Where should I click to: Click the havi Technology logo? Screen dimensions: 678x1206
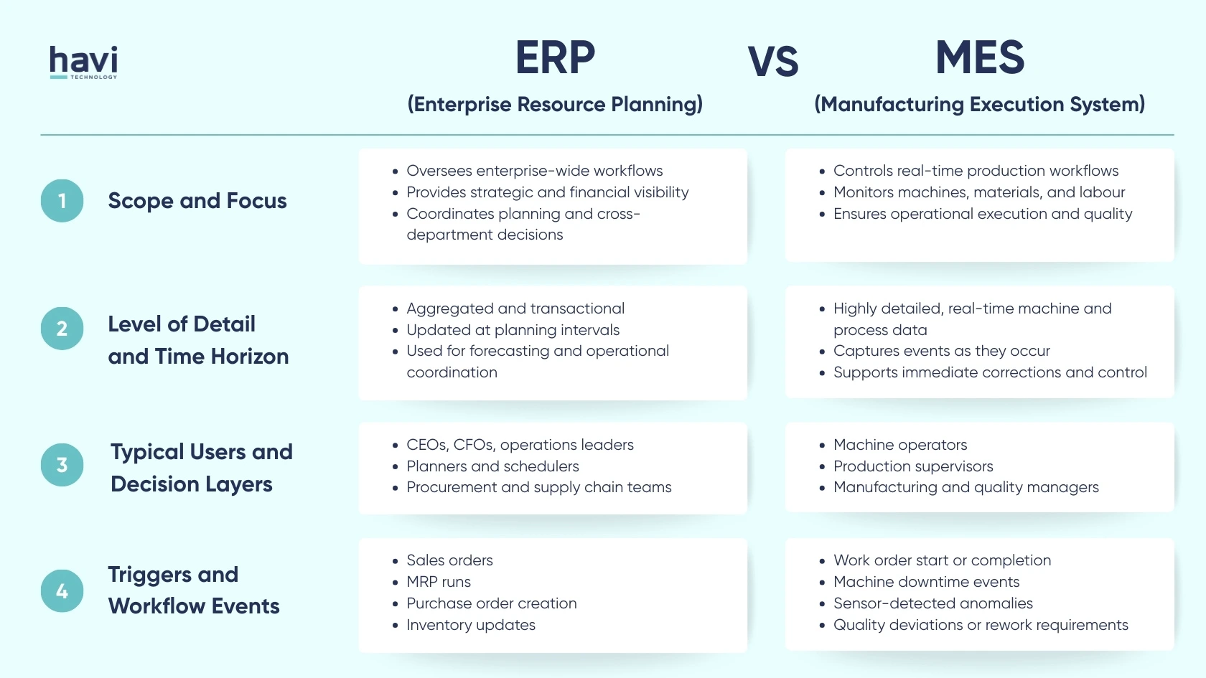tap(83, 62)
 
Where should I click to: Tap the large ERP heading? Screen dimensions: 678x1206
tap(555, 57)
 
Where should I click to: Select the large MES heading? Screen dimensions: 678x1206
tap(980, 57)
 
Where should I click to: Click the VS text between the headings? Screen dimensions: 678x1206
tap(772, 62)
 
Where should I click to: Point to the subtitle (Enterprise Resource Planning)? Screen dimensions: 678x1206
tap(555, 105)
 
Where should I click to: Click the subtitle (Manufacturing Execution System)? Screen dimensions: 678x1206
tap(979, 105)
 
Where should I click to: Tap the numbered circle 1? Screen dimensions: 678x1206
tap(62, 201)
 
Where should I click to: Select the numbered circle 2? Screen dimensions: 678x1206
tap(62, 329)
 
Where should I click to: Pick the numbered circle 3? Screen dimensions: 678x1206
tap(62, 465)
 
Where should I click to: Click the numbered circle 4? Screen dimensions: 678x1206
tap(62, 591)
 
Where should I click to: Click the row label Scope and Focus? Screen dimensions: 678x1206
tap(197, 201)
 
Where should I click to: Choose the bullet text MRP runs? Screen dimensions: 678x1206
tap(439, 582)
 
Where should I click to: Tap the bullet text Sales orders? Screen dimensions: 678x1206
tap(449, 560)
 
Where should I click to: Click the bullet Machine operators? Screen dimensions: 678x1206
tap(900, 445)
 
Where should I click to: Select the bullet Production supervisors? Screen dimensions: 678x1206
tap(913, 466)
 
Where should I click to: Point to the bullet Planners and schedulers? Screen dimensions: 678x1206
tap(492, 466)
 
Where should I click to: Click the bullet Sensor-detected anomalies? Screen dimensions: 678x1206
tap(933, 603)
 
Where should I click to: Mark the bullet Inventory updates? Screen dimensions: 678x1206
tap(471, 625)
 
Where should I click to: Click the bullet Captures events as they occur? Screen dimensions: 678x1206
tap(941, 351)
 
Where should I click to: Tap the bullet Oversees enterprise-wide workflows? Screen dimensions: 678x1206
tap(534, 171)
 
